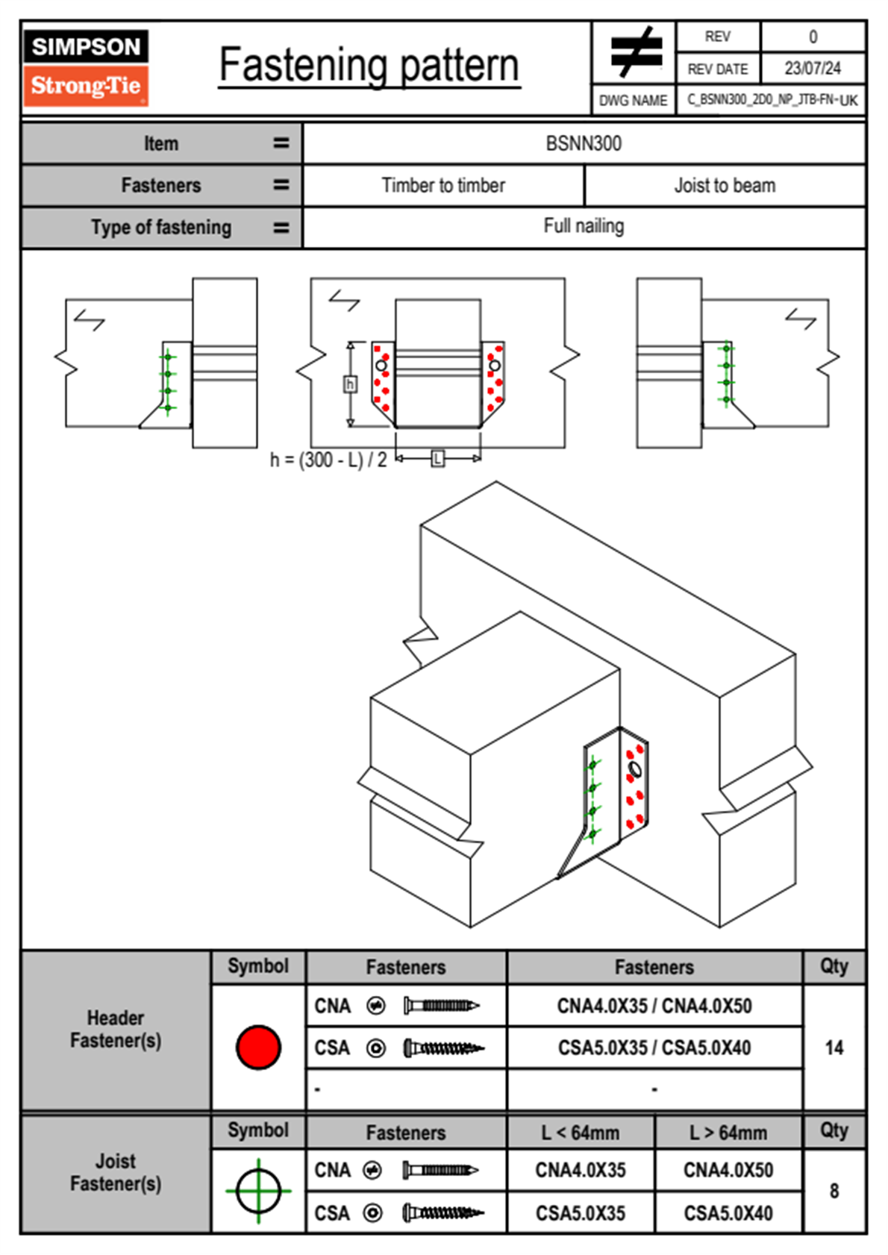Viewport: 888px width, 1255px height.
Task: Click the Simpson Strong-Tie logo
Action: (x=86, y=67)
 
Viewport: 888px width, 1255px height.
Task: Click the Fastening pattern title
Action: (x=369, y=65)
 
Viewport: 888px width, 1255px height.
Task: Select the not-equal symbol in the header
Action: (x=635, y=52)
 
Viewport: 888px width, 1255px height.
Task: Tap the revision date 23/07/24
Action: (x=812, y=69)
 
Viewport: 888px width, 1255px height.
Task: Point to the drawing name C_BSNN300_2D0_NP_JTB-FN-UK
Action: (x=772, y=100)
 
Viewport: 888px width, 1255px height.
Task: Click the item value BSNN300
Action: (x=584, y=143)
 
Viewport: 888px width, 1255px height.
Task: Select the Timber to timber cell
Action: (x=443, y=185)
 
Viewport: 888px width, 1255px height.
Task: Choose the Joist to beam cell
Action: (x=725, y=185)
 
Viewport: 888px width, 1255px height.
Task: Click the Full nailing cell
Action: (x=584, y=226)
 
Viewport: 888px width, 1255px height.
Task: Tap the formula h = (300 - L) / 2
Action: (x=328, y=460)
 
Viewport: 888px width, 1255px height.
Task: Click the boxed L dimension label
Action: (x=438, y=458)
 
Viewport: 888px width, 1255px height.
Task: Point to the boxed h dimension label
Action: (x=349, y=384)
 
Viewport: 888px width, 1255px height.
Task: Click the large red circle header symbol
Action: (x=258, y=1047)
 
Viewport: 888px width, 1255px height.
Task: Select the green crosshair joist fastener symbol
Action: (x=258, y=1191)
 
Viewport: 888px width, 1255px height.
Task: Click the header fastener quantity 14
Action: (x=834, y=1048)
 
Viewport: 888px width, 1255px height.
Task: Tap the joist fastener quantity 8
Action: (x=834, y=1191)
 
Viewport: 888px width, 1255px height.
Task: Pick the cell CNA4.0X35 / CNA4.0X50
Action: (x=654, y=1006)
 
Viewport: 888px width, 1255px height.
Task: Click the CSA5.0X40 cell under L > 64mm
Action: (x=728, y=1213)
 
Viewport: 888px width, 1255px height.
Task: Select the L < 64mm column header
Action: (x=581, y=1133)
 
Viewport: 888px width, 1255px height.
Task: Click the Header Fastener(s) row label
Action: (x=116, y=1030)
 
